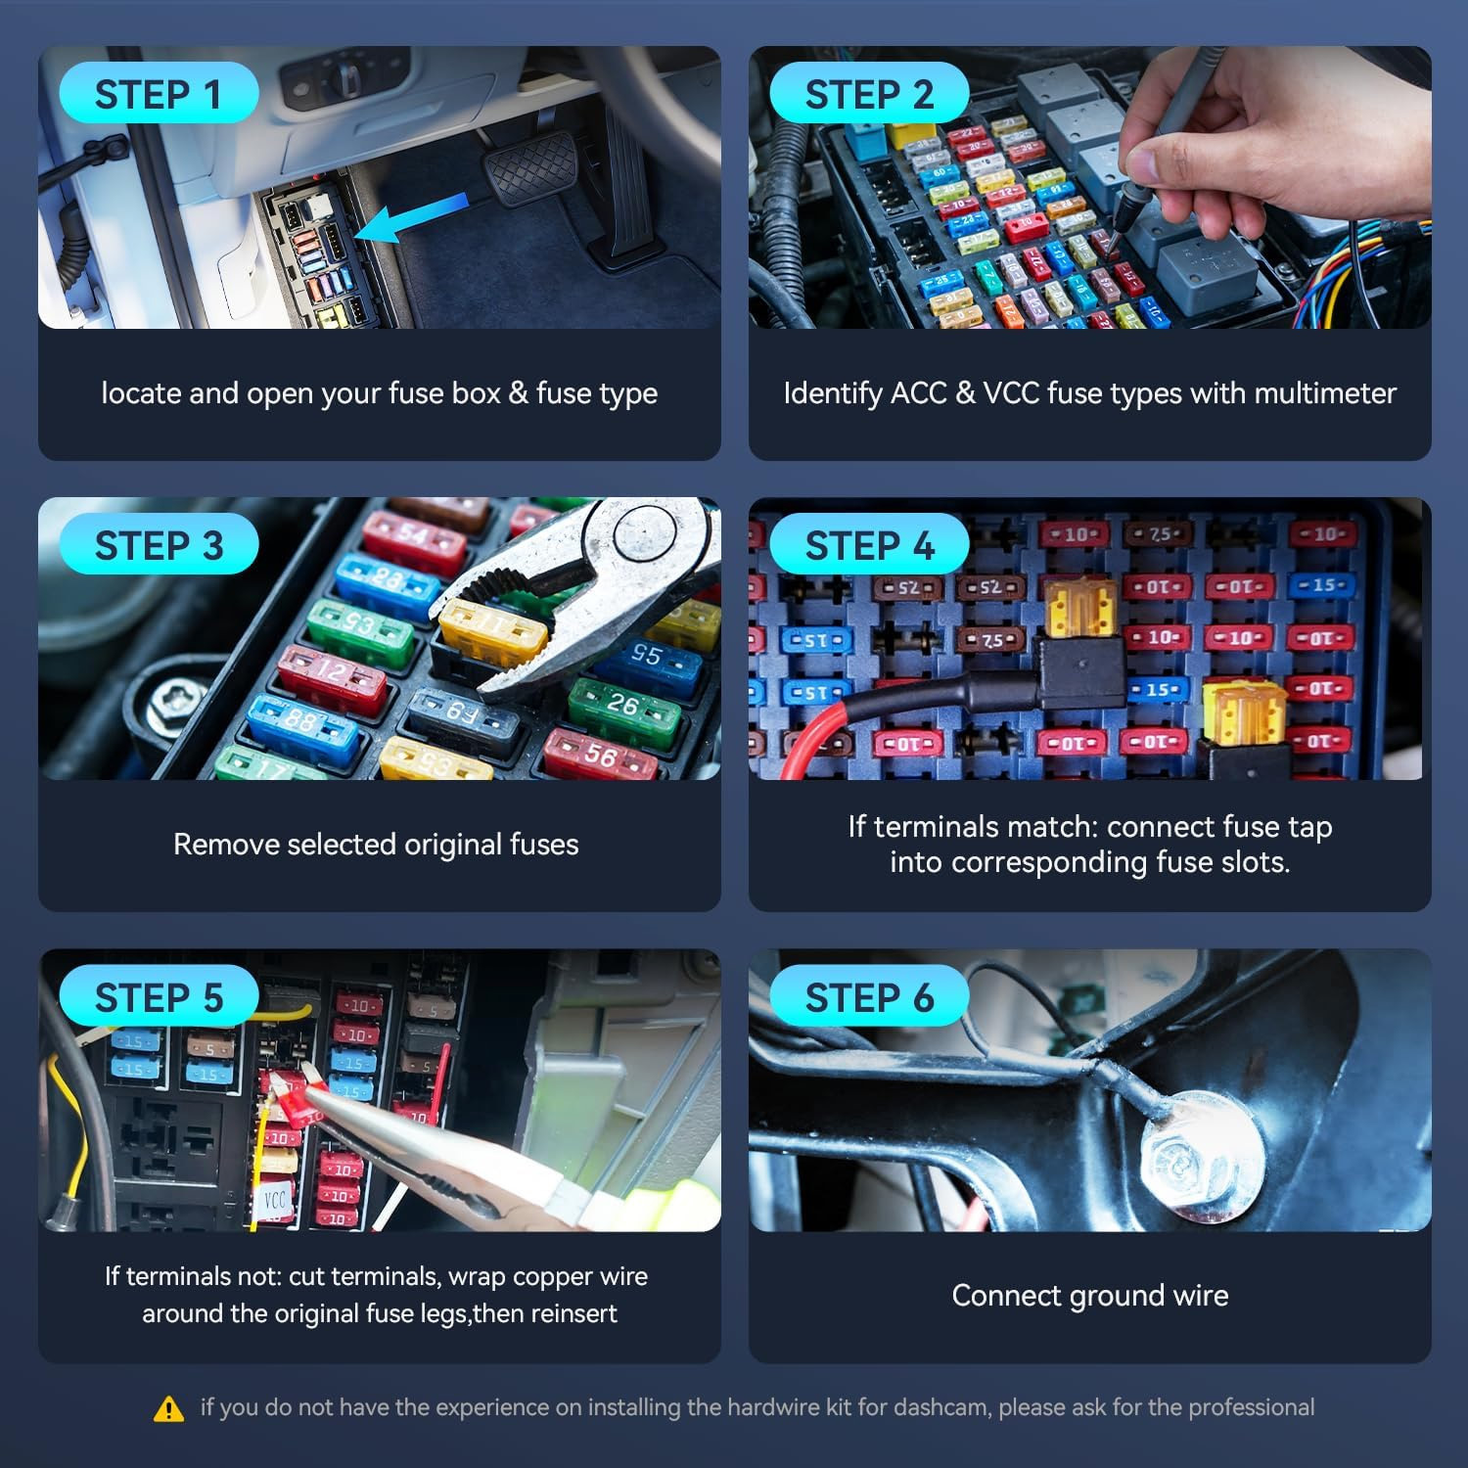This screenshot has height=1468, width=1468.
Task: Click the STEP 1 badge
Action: pyautogui.click(x=159, y=93)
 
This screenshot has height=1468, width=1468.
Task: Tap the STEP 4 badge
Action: pyautogui.click(x=869, y=544)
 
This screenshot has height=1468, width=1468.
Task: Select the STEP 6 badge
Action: pyautogui.click(x=869, y=996)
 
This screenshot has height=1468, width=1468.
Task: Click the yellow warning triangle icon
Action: pyautogui.click(x=169, y=1408)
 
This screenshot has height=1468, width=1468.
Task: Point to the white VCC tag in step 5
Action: pyautogui.click(x=274, y=1201)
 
